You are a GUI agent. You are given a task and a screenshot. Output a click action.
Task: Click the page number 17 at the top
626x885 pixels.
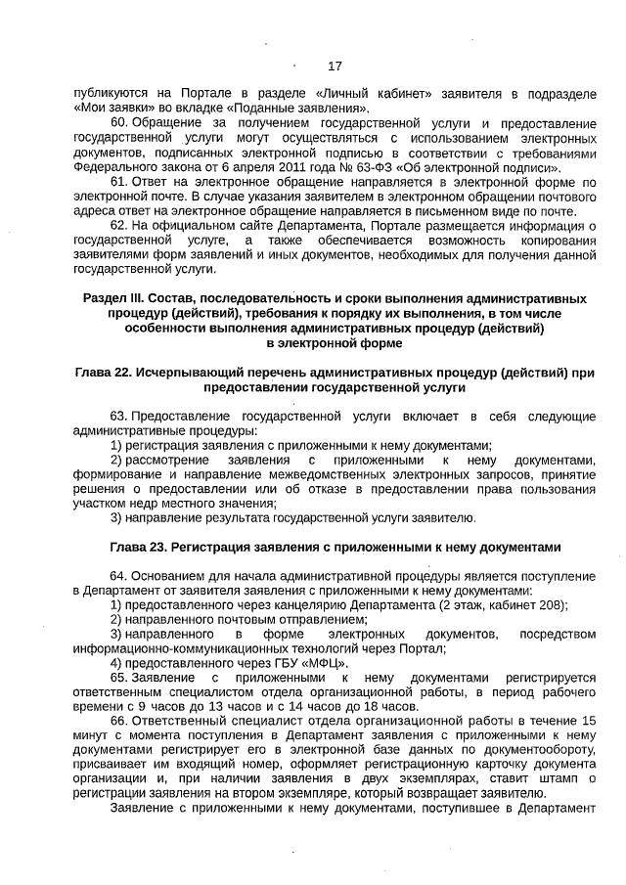335,66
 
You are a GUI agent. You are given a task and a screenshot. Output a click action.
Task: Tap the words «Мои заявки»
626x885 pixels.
108,107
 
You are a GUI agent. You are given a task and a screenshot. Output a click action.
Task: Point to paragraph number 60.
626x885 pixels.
118,125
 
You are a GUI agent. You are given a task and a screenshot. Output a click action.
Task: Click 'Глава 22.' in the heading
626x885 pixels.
103,373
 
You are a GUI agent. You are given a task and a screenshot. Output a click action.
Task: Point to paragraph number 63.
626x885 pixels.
118,417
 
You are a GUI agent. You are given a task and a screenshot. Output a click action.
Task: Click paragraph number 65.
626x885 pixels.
118,677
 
